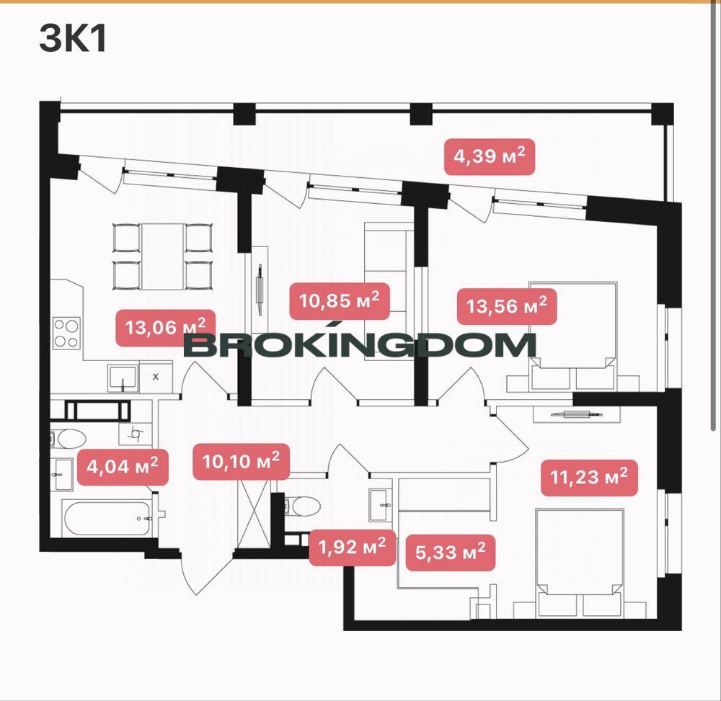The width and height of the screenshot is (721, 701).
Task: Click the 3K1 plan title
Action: point(73,39)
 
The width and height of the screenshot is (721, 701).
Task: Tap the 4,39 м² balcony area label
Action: point(490,156)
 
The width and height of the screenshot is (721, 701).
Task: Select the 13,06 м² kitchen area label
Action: point(166,328)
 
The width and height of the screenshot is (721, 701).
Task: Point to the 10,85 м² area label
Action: point(340,301)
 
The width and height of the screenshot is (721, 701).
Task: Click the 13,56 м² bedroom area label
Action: point(507,306)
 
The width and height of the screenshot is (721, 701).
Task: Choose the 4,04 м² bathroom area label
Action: point(123,467)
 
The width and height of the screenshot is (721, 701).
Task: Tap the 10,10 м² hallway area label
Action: point(241,462)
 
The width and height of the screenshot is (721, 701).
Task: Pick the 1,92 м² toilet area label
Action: point(353,548)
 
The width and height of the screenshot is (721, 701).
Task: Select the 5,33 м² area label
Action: point(451,553)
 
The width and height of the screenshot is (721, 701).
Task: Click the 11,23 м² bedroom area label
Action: point(589,478)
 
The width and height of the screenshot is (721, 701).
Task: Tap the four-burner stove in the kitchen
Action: point(66,333)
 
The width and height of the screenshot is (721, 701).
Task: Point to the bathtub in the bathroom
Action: point(108,518)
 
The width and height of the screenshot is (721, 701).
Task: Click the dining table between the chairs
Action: point(163,256)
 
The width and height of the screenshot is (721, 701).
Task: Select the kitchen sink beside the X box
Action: point(123,378)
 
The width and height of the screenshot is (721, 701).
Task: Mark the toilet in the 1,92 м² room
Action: point(303,506)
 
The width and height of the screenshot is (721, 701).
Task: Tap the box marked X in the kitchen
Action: point(156,377)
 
